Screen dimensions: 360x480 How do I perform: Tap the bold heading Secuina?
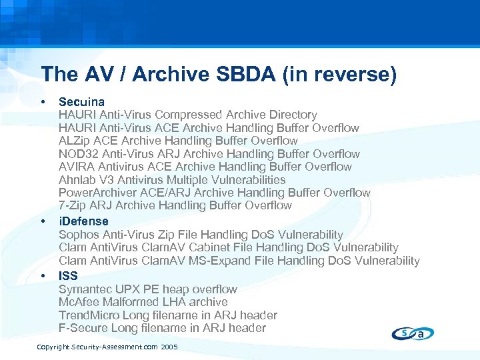81,102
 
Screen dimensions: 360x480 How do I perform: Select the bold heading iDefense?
83,221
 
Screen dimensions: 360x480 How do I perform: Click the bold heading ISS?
68,275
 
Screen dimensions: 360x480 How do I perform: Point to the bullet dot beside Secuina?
43,102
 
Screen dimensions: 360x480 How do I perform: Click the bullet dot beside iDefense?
43,221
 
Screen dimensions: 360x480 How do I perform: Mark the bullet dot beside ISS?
43,275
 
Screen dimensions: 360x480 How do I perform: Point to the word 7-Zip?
71,205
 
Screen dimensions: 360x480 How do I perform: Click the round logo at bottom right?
413,334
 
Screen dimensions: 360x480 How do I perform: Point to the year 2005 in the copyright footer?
169,347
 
